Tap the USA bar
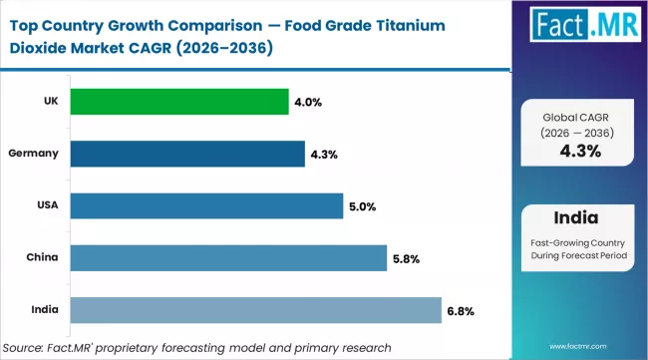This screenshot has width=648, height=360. click(207, 205)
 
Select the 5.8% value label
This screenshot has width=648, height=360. click(406, 258)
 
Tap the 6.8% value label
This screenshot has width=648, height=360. click(461, 310)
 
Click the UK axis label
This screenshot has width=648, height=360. click(50, 102)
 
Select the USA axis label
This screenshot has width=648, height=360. click(46, 205)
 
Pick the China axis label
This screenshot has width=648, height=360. click(43, 257)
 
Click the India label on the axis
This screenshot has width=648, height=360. click(45, 309)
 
